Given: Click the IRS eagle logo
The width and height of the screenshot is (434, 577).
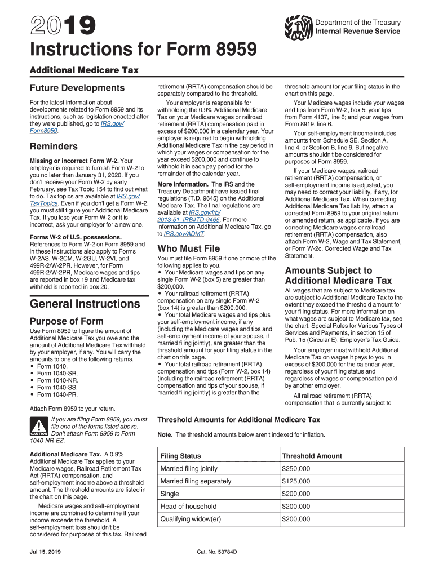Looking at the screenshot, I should (x=299, y=26).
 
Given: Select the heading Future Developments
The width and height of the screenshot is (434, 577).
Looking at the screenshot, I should (x=77, y=88).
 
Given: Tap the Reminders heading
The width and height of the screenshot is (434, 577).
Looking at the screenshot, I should (x=54, y=147).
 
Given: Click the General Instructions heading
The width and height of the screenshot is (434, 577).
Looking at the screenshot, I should (x=85, y=304).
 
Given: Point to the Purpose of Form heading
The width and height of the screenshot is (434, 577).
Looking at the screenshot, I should (x=67, y=322).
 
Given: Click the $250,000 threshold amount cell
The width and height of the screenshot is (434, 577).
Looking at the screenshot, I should (x=296, y=469).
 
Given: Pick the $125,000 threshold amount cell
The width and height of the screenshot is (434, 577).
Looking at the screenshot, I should (x=296, y=481).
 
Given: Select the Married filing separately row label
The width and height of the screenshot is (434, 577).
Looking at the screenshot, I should (x=196, y=481).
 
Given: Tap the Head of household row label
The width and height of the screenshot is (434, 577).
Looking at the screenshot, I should (x=188, y=507).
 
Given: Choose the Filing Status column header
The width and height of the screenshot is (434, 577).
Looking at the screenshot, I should (x=180, y=456).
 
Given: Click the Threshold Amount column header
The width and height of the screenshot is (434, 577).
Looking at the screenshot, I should (x=312, y=456).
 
